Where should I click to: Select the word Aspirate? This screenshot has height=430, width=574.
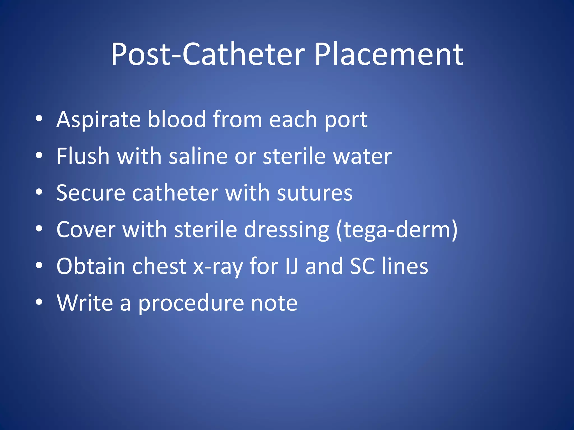click(x=98, y=120)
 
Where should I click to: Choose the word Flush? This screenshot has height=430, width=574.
click(x=83, y=156)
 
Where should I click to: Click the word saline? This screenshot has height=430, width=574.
click(x=198, y=156)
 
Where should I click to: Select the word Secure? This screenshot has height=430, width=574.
click(x=91, y=193)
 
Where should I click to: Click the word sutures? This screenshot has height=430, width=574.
click(x=314, y=193)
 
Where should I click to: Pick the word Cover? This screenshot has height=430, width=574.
click(x=86, y=230)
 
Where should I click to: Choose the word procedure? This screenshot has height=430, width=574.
click(x=191, y=303)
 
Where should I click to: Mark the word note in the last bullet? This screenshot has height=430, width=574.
click(x=274, y=303)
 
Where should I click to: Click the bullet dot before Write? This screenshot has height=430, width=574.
click(x=39, y=302)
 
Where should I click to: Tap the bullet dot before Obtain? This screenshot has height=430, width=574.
click(x=39, y=265)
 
